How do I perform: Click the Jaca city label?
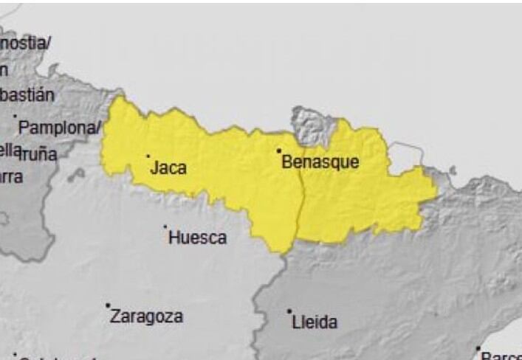168,168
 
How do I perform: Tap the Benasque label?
320,162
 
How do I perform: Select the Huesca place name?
197,238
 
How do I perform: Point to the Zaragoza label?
146,316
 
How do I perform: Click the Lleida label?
315,322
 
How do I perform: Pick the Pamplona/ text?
59,127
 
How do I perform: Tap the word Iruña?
38,153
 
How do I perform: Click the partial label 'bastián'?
27,95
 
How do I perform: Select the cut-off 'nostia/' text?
26,44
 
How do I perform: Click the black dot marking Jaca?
148,156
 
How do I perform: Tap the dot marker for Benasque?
279,150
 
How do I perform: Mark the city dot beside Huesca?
165,226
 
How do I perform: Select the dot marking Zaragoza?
108,305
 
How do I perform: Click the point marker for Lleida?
289,311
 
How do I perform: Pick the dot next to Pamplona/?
16,116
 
